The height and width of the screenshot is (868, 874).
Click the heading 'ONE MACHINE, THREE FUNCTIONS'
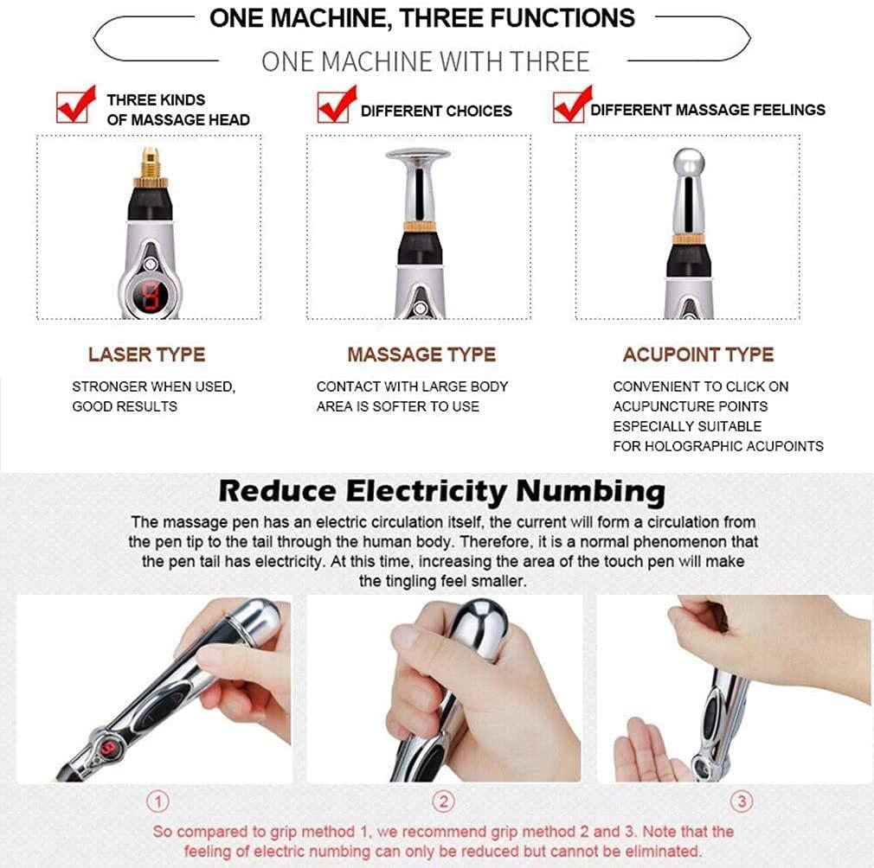421,18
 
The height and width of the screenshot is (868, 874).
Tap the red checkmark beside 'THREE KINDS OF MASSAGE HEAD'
75,105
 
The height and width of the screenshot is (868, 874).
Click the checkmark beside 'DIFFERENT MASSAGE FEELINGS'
571,105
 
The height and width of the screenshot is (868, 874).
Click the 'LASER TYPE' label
146,354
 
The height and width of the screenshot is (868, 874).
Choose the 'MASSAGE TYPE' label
421,354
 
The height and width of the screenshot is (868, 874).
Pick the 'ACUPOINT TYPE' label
697,354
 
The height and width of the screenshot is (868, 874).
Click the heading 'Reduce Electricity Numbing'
441,491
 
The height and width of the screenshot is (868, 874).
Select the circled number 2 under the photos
443,802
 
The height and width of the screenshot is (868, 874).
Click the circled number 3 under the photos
741,802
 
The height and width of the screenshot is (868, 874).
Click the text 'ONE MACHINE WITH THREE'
425,61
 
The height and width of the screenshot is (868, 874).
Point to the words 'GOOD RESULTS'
125,406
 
